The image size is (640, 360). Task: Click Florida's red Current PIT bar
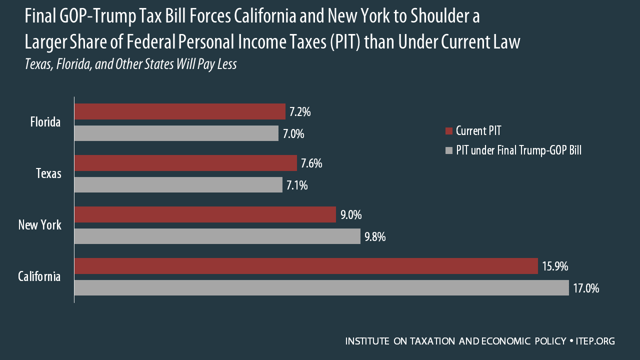click(x=180, y=111)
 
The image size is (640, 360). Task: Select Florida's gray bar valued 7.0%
click(x=176, y=133)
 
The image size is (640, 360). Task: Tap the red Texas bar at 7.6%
click(x=185, y=163)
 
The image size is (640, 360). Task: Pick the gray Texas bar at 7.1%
click(x=178, y=185)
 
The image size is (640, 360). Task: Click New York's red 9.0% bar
click(x=205, y=214)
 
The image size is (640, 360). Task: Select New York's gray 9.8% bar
click(x=217, y=236)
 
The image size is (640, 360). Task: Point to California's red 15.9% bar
click(x=306, y=266)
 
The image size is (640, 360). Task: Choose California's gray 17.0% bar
click(x=321, y=288)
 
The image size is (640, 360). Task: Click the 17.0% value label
click(x=586, y=288)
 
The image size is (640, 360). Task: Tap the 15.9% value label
click(x=555, y=266)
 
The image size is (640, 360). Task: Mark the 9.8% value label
click(x=375, y=237)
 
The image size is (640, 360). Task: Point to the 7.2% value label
click(x=300, y=112)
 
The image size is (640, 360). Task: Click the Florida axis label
click(x=45, y=122)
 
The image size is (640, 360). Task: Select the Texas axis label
click(x=48, y=173)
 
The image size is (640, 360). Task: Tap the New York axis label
click(x=39, y=225)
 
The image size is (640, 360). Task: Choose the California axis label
click(x=39, y=276)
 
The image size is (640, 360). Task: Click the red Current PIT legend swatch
click(x=448, y=131)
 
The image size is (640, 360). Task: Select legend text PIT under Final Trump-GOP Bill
click(x=518, y=150)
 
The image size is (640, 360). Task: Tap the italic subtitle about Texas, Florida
click(x=130, y=65)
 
